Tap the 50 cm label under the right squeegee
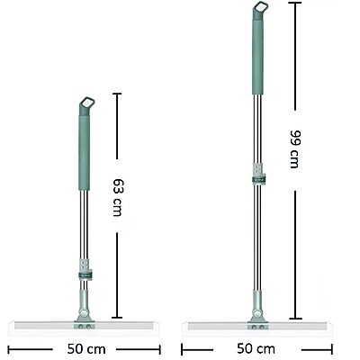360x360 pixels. pos(257,348)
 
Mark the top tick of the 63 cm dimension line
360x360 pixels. pos(116,94)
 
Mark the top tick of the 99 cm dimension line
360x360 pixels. pos(294,4)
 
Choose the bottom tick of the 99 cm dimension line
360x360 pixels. pos(294,319)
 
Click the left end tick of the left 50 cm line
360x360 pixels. pos(8,348)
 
